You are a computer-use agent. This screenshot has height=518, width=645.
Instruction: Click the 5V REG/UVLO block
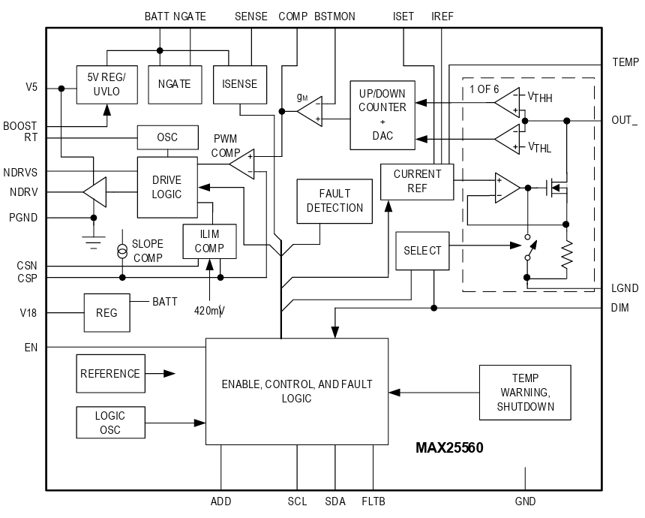pos(107,85)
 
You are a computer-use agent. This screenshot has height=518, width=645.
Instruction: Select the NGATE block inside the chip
pos(175,85)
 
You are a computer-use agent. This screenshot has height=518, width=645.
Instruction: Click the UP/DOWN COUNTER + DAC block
pos(382,114)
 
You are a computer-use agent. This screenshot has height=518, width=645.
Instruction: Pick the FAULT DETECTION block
pos(334,201)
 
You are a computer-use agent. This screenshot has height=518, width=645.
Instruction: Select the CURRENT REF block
pos(417,181)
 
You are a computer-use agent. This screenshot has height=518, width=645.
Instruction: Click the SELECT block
pos(422,251)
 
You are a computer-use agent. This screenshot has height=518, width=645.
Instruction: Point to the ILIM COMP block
pos(209,241)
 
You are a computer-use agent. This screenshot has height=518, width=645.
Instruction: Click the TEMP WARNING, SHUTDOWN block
pos(525,393)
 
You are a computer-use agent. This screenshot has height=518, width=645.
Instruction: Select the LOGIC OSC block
pos(109,423)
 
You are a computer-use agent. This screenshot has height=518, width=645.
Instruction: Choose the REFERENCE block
pos(109,374)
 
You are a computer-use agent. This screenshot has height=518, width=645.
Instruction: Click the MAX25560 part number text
pos(449,448)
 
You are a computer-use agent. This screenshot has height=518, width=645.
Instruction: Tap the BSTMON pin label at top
pos(335,16)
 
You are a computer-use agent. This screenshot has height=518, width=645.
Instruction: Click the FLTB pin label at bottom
pos(373,501)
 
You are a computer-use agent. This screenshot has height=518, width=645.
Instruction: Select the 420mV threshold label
pos(210,310)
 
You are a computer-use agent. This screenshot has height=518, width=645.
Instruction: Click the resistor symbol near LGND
pos(567,253)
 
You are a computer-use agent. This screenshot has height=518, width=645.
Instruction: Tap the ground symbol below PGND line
pos(94,242)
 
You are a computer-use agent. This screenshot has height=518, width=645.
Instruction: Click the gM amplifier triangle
pos(309,112)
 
